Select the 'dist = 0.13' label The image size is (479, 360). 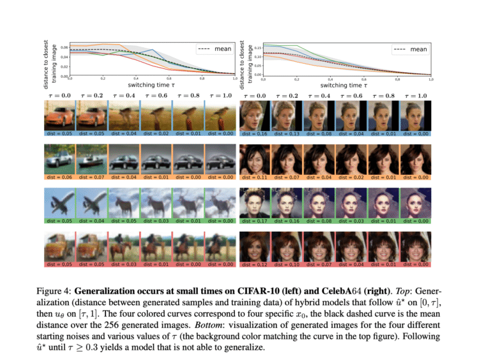pyautogui.click(x=287, y=134)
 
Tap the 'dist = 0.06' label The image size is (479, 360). pyautogui.click(x=59, y=177)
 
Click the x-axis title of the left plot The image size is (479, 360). pyautogui.click(x=153, y=85)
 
